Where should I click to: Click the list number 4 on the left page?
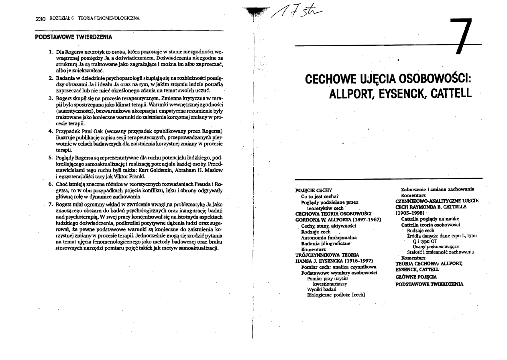(x=51, y=131)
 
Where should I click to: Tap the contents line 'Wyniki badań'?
(x=321, y=288)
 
